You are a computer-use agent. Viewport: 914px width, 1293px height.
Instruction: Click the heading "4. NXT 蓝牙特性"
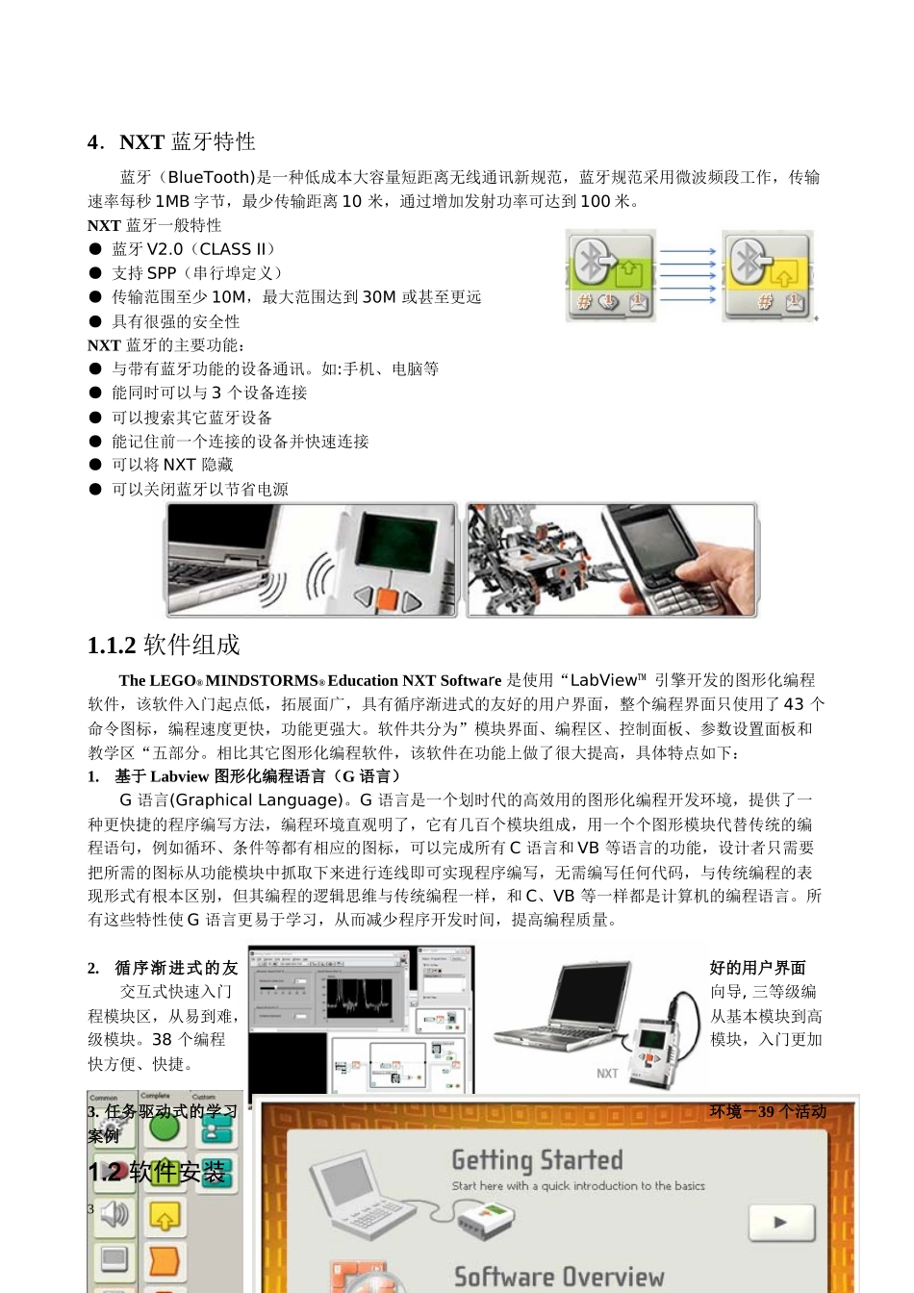171,142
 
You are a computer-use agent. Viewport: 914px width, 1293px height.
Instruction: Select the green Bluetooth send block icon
611,274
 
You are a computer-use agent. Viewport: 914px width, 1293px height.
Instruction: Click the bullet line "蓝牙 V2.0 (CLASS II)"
193,249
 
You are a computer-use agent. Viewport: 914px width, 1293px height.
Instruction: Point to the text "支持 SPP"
144,273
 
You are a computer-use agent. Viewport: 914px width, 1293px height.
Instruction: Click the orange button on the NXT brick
387,599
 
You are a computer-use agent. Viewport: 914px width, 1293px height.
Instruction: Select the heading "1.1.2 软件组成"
164,645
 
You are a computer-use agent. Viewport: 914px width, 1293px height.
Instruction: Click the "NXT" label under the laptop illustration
607,1074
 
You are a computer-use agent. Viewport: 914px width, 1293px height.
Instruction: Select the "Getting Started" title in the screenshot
537,1160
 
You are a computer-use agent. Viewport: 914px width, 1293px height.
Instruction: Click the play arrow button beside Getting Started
780,1222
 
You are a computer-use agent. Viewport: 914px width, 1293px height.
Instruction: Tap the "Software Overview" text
558,1278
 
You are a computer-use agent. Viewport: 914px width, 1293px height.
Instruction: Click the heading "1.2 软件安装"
157,1173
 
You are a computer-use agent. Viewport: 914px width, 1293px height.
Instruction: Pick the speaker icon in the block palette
114,1215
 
